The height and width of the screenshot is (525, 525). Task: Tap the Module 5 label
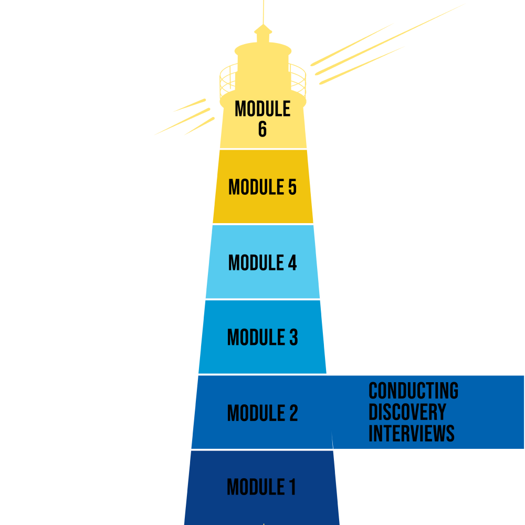point(262,187)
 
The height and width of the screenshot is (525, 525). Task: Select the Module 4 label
point(262,262)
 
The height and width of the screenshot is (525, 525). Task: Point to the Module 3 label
point(262,338)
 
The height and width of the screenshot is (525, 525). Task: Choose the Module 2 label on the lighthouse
point(262,413)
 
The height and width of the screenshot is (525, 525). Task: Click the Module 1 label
point(261,487)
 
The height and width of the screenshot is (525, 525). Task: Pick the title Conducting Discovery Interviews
point(413,412)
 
